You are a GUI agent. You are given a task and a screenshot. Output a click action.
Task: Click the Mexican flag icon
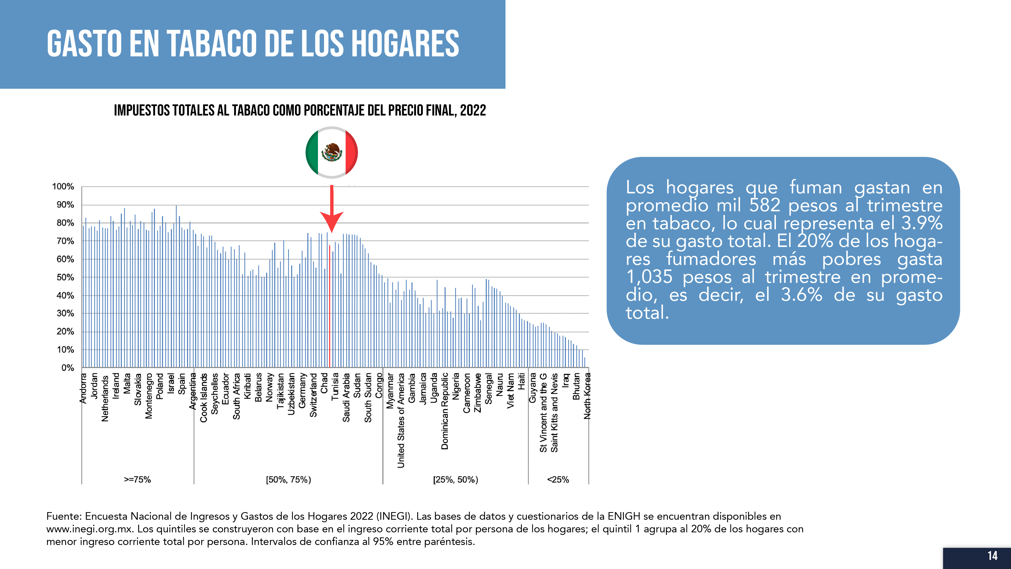tap(332, 152)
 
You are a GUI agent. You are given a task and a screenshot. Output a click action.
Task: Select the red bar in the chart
tap(330, 306)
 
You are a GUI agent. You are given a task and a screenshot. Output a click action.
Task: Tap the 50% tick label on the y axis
tap(65, 278)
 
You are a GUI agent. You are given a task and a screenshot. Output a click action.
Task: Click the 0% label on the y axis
tap(67, 368)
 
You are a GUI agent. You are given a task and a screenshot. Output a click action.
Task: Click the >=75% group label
tap(137, 480)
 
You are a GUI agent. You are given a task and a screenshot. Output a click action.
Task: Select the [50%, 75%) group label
tap(288, 480)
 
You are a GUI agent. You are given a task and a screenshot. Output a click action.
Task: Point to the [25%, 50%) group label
tap(456, 480)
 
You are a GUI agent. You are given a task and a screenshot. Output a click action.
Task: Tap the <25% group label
tap(558, 480)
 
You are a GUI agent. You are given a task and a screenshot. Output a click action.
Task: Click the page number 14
tap(993, 556)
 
